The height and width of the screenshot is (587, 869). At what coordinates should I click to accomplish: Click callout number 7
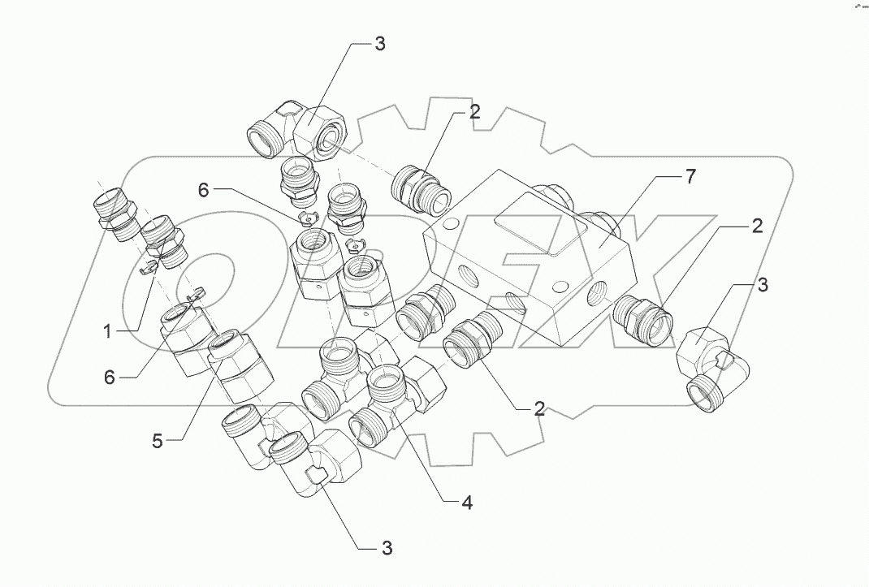(x=689, y=178)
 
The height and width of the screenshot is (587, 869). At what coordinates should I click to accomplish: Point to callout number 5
(x=158, y=442)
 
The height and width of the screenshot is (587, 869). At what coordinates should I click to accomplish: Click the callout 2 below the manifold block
(x=538, y=408)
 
